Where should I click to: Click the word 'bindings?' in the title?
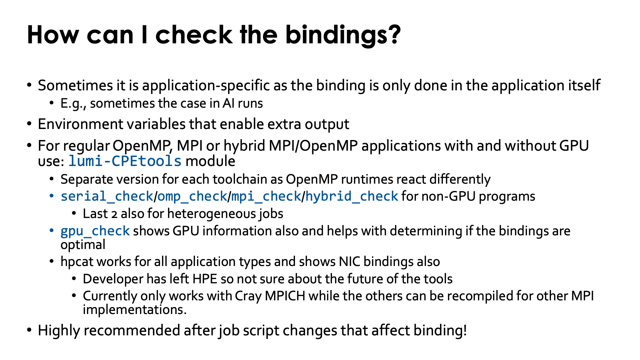coord(343,35)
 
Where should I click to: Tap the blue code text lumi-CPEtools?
coord(125,161)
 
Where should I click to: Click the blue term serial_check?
coord(107,196)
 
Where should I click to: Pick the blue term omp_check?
coord(192,196)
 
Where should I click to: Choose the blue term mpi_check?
coord(266,196)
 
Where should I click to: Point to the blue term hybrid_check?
coord(352,196)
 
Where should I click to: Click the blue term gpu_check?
coord(95,231)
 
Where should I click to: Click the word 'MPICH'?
coord(285,296)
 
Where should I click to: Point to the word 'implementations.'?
coord(135,310)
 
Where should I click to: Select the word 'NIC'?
coord(349,262)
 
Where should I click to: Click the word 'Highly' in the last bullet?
coord(59,330)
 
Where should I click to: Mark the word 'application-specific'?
coord(206,86)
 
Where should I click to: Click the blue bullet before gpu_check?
coord(52,231)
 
